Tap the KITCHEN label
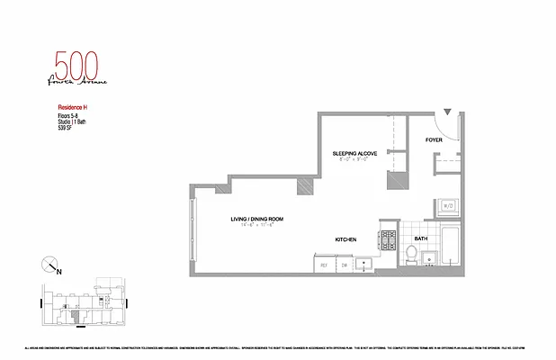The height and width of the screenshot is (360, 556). pos(346,240)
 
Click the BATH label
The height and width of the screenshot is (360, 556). pos(421,239)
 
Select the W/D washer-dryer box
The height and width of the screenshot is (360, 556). pos(447,206)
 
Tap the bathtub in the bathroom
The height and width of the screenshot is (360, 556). pos(452,251)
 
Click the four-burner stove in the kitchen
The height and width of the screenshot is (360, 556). pos(388,240)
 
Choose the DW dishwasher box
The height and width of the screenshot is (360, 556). pos(344,265)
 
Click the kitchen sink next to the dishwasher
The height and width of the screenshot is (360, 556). pos(364,265)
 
